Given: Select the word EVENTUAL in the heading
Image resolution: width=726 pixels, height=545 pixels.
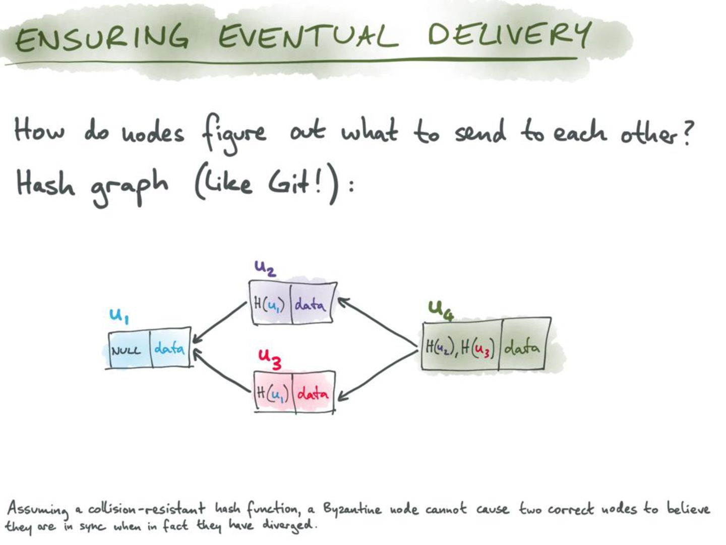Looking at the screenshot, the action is pos(308,36).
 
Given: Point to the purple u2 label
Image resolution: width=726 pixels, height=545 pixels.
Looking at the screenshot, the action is pos(265,267).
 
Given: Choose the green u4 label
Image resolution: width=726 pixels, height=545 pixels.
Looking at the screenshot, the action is pos(441,309).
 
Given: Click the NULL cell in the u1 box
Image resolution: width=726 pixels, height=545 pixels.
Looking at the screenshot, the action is pos(127,350).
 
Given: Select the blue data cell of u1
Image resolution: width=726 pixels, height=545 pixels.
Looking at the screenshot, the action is pos(169,348).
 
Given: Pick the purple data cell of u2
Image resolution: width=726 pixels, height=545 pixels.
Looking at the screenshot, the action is pos(310,304).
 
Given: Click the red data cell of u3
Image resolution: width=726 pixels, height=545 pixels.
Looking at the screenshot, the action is pos(313,393).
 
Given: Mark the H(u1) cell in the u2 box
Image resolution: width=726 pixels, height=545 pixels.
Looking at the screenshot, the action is pos(270,304).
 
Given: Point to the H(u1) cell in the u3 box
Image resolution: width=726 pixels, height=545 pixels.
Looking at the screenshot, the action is pos(272,393).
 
